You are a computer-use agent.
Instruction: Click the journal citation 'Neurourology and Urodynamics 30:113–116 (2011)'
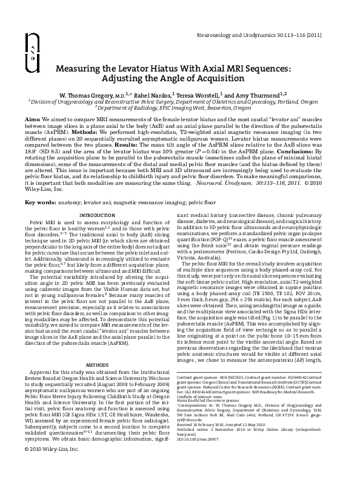[271, 35]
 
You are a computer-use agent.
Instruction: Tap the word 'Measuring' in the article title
[76, 70]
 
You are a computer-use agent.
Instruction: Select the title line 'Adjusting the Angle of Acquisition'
[179, 80]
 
